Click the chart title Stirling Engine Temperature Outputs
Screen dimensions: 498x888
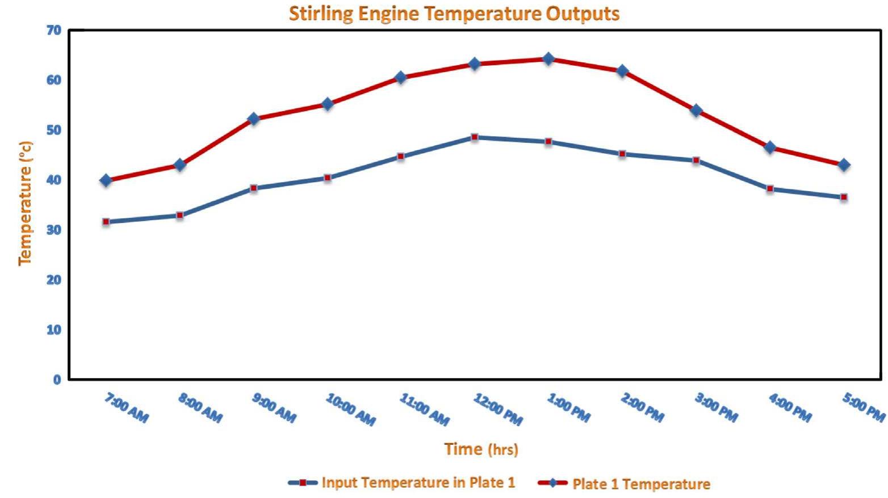click(x=454, y=14)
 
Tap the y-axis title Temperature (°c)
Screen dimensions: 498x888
click(x=26, y=203)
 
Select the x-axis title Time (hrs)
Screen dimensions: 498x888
click(x=481, y=449)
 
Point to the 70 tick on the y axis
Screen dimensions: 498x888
click(x=53, y=30)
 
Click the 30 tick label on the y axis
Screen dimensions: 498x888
click(x=53, y=230)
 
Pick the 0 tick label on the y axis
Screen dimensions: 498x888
click(x=57, y=380)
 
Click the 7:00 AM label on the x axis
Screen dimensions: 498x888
click(x=126, y=408)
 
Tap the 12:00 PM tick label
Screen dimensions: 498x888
click(x=497, y=409)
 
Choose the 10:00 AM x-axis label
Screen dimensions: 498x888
click(x=350, y=409)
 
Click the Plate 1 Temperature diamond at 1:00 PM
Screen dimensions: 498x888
click(x=548, y=58)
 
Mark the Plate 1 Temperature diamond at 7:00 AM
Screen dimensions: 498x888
click(x=106, y=180)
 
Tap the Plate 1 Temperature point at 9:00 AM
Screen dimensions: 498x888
click(x=253, y=119)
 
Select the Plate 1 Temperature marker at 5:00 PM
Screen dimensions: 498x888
click(x=844, y=165)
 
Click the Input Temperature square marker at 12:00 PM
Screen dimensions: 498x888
click(x=475, y=137)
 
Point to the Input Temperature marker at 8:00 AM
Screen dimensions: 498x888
click(x=179, y=216)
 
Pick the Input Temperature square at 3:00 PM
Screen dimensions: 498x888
click(x=696, y=161)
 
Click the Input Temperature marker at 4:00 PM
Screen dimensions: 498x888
click(x=770, y=188)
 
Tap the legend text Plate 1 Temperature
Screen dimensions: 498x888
click(x=641, y=484)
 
